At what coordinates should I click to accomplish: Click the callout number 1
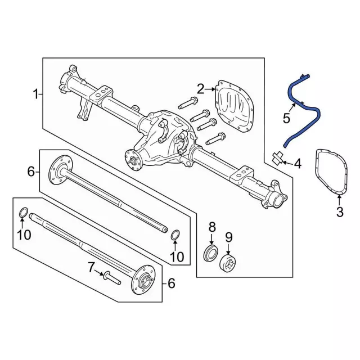point(35,94)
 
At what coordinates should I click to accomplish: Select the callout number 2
point(200,88)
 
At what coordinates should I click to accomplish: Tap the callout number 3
point(339,211)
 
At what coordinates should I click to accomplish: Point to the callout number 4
point(298,164)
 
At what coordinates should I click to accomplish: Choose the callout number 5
point(286,118)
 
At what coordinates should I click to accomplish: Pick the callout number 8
point(212,227)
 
